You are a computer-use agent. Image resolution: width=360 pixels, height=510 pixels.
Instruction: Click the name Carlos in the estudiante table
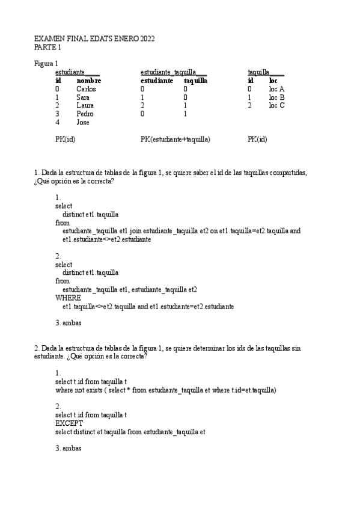point(86,89)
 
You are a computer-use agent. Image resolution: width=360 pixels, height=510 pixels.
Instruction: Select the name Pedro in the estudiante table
point(85,114)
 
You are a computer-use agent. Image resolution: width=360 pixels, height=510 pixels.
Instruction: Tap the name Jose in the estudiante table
point(83,122)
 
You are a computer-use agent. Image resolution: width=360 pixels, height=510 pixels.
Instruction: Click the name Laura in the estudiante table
point(85,105)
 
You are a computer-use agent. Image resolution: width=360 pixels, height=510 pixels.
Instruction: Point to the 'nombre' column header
point(88,81)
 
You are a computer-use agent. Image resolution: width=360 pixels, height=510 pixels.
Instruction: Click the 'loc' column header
point(273,81)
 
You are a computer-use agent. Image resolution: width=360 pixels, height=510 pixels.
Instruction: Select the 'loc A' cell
point(276,89)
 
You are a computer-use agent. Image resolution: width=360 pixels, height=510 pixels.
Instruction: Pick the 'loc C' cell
point(276,105)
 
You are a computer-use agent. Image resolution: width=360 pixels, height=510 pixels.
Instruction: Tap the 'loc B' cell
point(276,97)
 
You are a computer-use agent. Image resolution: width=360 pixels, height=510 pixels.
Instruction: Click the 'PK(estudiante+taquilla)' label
point(175,139)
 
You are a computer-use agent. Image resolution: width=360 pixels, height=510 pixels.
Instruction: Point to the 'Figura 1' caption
point(46,63)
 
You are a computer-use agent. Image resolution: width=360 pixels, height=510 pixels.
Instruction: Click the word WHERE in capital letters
point(68,298)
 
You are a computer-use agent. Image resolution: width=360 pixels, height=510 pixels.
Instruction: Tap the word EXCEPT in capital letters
point(68,423)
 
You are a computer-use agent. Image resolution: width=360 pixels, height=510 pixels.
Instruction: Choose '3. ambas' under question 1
point(68,323)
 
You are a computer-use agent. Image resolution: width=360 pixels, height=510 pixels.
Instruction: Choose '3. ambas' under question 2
point(68,449)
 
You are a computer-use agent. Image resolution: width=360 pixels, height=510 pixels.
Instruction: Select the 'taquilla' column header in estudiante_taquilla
point(196,81)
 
